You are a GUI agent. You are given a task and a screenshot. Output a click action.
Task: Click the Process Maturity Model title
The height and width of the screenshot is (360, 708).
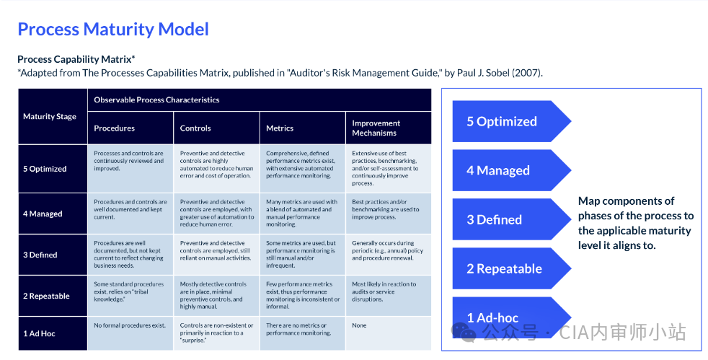point(113,30)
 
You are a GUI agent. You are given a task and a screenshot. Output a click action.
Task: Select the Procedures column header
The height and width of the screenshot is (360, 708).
point(114,128)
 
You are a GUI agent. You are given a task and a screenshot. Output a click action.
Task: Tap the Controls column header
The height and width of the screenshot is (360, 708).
point(195,128)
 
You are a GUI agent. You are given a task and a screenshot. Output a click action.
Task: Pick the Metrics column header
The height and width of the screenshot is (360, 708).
point(280,128)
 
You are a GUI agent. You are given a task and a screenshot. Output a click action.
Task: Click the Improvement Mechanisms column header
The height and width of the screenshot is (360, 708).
point(375,128)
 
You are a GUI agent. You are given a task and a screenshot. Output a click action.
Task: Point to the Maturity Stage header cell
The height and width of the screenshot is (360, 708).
point(50,116)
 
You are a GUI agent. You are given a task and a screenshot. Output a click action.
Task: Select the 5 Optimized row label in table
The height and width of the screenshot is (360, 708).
point(45,169)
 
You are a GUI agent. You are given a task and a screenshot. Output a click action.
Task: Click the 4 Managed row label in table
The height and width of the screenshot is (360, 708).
point(43,214)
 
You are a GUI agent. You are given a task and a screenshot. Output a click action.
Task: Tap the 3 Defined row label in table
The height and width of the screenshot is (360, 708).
point(40,255)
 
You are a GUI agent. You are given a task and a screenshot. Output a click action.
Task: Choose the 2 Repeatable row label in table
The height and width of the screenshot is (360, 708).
point(46,296)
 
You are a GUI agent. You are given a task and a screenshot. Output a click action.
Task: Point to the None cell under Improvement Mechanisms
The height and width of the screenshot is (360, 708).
point(359,325)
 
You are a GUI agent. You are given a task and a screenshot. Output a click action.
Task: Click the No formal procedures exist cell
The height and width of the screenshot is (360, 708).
point(130,325)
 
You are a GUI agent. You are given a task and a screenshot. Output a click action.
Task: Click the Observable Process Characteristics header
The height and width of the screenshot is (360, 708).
point(156,100)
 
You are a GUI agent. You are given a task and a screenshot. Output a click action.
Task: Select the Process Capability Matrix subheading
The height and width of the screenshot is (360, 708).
point(76,59)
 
